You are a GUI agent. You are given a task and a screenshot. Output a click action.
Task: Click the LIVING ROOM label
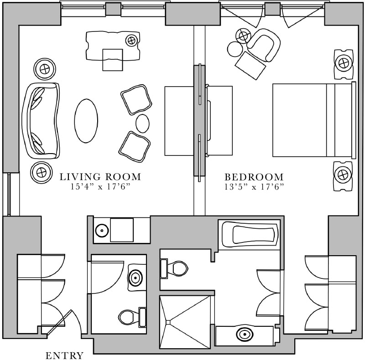point(100,177)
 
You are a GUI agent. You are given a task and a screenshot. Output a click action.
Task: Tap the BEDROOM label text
point(254,177)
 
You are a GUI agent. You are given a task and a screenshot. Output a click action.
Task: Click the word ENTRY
point(65,355)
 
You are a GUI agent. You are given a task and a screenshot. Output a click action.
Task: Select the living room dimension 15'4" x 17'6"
point(100,186)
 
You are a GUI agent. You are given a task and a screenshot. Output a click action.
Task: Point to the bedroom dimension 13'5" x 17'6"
point(254,186)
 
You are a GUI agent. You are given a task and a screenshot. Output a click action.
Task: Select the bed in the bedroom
point(313,120)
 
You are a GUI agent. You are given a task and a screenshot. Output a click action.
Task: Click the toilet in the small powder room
point(130,316)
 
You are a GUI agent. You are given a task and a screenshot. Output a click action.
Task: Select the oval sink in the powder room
point(136,277)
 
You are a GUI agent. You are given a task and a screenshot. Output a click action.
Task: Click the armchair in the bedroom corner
point(265,45)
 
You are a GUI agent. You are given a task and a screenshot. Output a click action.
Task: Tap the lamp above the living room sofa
point(45,69)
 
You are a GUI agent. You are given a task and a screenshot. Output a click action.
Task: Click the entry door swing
point(68,324)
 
